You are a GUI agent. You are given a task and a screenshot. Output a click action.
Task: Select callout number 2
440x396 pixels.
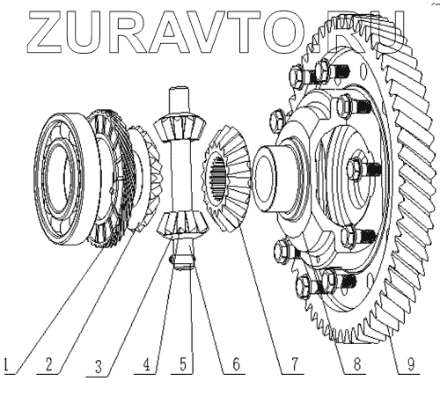[48, 364]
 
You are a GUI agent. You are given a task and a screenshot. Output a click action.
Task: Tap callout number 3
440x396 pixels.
[99, 366]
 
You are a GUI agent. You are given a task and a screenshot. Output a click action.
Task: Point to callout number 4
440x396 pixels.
[146, 364]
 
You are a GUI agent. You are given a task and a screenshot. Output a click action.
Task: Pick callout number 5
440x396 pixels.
[183, 364]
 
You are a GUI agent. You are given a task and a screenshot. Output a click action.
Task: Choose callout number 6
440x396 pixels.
[236, 364]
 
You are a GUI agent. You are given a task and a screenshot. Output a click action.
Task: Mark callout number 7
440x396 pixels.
[294, 364]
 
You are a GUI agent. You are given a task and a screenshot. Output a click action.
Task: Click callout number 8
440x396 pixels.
[356, 364]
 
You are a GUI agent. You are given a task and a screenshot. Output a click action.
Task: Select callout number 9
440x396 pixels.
[411, 364]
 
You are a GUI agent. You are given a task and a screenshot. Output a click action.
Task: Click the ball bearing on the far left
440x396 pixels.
[60, 179]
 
